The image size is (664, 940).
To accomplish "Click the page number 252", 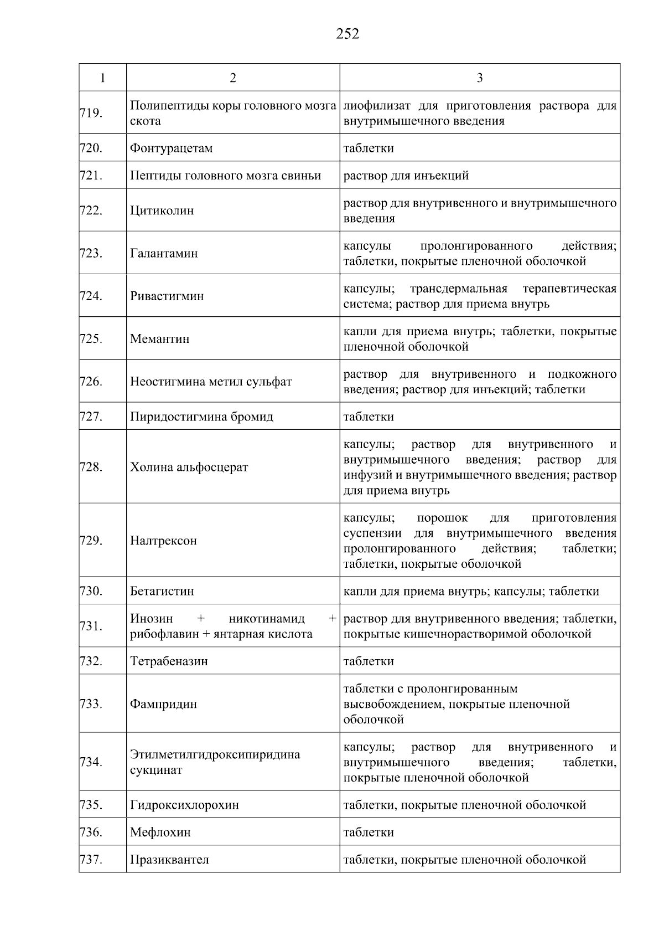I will point(347,34).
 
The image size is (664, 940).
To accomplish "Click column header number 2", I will point(233,78).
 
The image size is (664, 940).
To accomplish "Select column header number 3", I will point(479,78).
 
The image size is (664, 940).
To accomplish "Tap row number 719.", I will point(91,113).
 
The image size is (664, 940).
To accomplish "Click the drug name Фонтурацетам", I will point(171,148).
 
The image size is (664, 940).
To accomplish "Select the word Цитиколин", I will point(162,210).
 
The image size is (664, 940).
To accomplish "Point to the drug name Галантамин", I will point(164,254).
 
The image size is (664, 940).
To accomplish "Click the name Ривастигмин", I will point(167,296).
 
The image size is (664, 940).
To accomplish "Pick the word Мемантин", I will point(159,339).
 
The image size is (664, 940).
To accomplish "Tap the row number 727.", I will point(91,417).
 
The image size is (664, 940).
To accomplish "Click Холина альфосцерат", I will point(189,467).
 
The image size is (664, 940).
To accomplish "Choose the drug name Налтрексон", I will point(163,541).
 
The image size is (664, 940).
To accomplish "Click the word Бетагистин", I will point(162,591).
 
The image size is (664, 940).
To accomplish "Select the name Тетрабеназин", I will point(169,661).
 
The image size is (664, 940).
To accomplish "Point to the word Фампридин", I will point(163,704).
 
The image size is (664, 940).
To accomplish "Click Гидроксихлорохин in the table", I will point(184,805).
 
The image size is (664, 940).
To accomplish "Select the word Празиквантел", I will point(169,860).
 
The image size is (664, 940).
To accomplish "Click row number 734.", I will point(91,762).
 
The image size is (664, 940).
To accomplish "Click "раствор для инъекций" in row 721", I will point(406,176).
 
